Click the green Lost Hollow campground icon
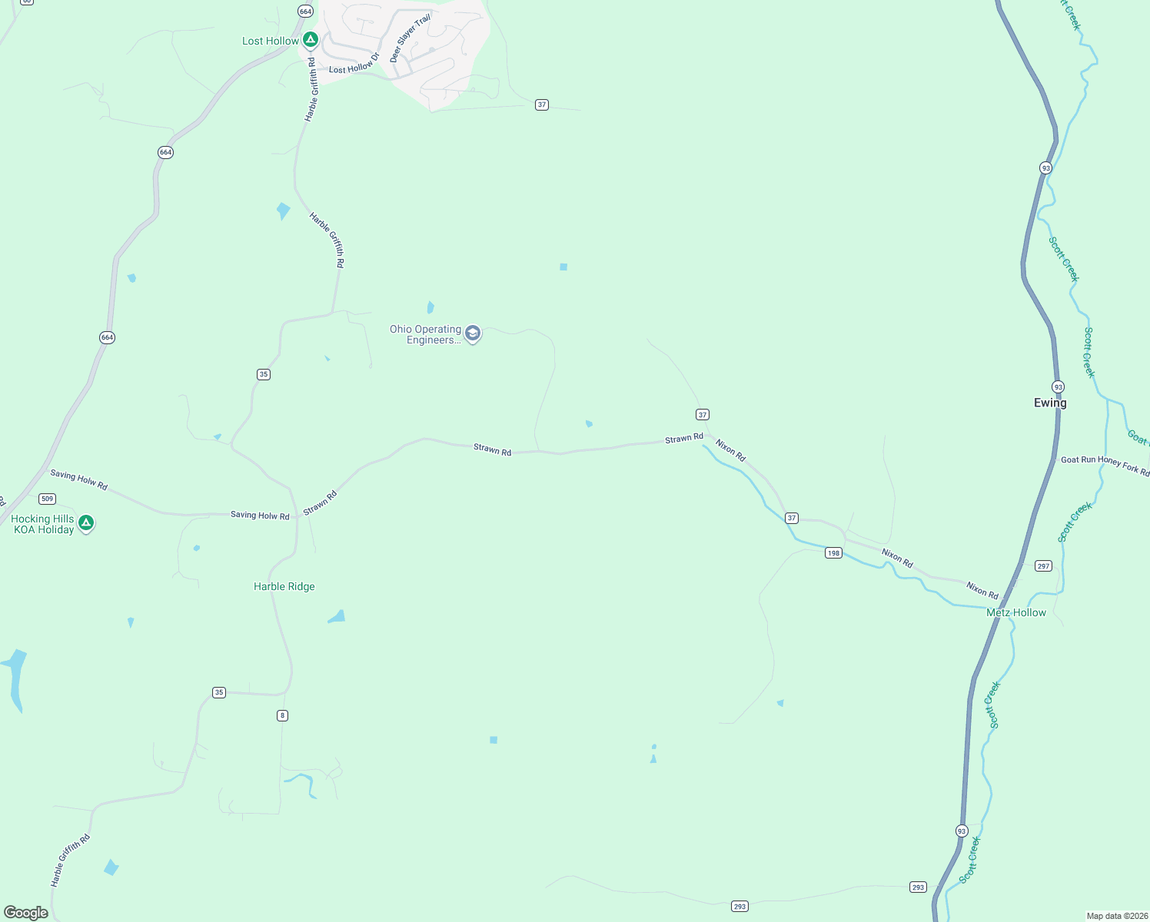[310, 39]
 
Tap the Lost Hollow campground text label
[271, 41]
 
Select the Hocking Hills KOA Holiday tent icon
[87, 523]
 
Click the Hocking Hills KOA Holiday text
[43, 524]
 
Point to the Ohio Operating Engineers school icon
[473, 334]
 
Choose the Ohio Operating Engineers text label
[425, 334]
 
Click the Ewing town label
[1050, 403]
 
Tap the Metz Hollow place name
[1015, 612]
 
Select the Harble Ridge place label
[284, 586]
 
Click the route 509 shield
[48, 499]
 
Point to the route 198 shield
[833, 552]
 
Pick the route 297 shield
[1043, 565]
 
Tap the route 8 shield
[282, 715]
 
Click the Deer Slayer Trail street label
[410, 38]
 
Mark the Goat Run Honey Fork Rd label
[1105, 463]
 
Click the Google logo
[26, 912]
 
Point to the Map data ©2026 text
[1116, 916]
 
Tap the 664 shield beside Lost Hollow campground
[306, 12]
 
